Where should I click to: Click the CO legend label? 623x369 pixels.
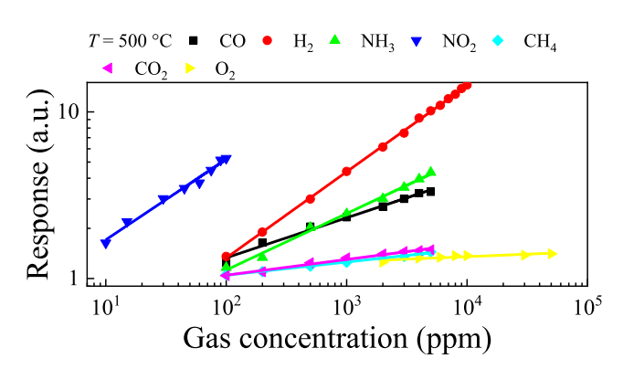coord(231,41)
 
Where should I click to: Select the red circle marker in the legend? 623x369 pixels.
coord(270,41)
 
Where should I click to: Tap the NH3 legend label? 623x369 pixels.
coord(378,41)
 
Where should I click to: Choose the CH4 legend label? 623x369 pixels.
coord(540,42)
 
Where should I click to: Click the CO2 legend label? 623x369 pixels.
coord(151,69)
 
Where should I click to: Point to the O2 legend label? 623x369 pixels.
coord(225,69)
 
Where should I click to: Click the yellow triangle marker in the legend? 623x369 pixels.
coord(193,68)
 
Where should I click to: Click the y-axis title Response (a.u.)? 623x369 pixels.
coord(38,186)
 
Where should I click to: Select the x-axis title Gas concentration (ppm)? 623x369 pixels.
coord(337,339)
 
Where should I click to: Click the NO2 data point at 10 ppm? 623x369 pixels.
coord(106,244)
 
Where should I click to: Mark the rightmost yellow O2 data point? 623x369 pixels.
coord(552,253)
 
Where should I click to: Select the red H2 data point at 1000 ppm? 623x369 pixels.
coord(346,172)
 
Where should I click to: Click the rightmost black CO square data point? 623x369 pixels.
coord(430,192)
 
